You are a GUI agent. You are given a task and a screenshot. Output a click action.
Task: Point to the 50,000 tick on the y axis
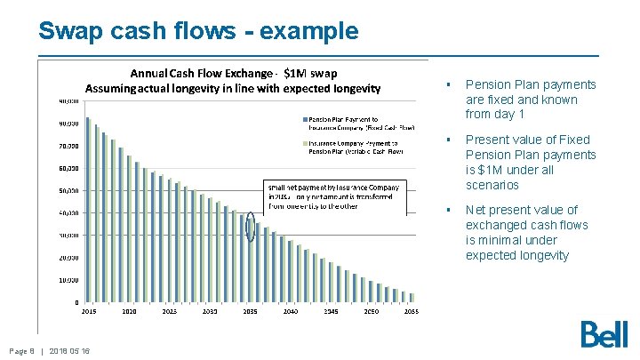(68, 190)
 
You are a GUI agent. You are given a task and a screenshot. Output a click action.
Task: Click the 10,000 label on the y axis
(68, 280)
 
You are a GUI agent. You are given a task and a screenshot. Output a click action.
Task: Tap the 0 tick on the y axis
(76, 302)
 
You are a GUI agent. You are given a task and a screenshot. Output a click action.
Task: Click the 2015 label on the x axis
(89, 312)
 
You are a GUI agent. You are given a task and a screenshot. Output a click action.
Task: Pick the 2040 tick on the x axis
(290, 312)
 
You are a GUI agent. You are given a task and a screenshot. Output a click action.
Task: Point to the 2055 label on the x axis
(411, 312)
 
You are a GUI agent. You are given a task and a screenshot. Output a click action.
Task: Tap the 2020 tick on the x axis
(129, 312)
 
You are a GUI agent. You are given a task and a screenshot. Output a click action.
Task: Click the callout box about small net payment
(335, 196)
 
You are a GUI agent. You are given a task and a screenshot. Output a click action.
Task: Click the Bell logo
(604, 333)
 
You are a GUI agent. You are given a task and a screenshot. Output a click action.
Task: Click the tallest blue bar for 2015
(87, 210)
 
